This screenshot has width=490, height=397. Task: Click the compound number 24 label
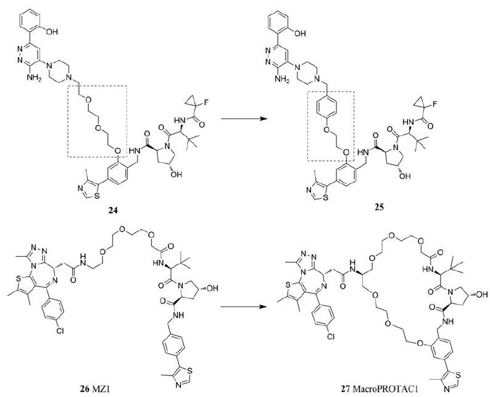pyautogui.click(x=111, y=211)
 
